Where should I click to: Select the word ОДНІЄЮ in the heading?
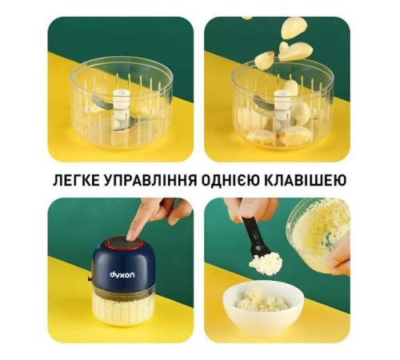(x=230, y=181)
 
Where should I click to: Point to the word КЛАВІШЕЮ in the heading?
(x=306, y=181)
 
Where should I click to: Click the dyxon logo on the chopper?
(x=122, y=274)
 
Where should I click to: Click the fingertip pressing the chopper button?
(x=131, y=235)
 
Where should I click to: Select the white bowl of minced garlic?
(x=263, y=307)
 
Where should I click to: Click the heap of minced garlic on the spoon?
(x=266, y=262)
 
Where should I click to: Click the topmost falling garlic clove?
(x=294, y=26)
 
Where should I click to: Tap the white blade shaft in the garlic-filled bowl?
(x=282, y=106)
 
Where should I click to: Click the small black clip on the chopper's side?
(x=90, y=278)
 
